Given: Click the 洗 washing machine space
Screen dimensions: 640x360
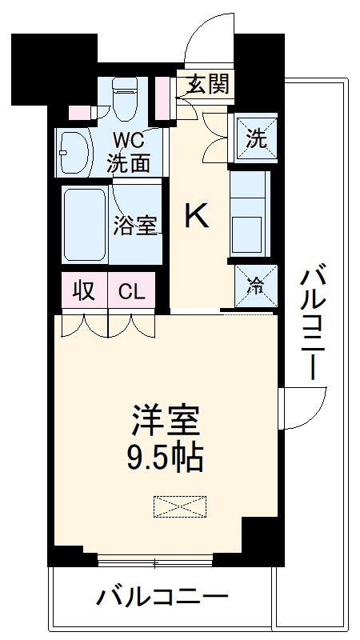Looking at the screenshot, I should pyautogui.click(x=255, y=138).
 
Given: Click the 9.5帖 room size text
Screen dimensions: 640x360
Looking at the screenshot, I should pyautogui.click(x=166, y=458).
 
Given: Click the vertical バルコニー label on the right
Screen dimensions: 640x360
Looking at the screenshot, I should pyautogui.click(x=313, y=324).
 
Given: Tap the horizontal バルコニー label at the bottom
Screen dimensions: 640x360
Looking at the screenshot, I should pyautogui.click(x=164, y=596).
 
